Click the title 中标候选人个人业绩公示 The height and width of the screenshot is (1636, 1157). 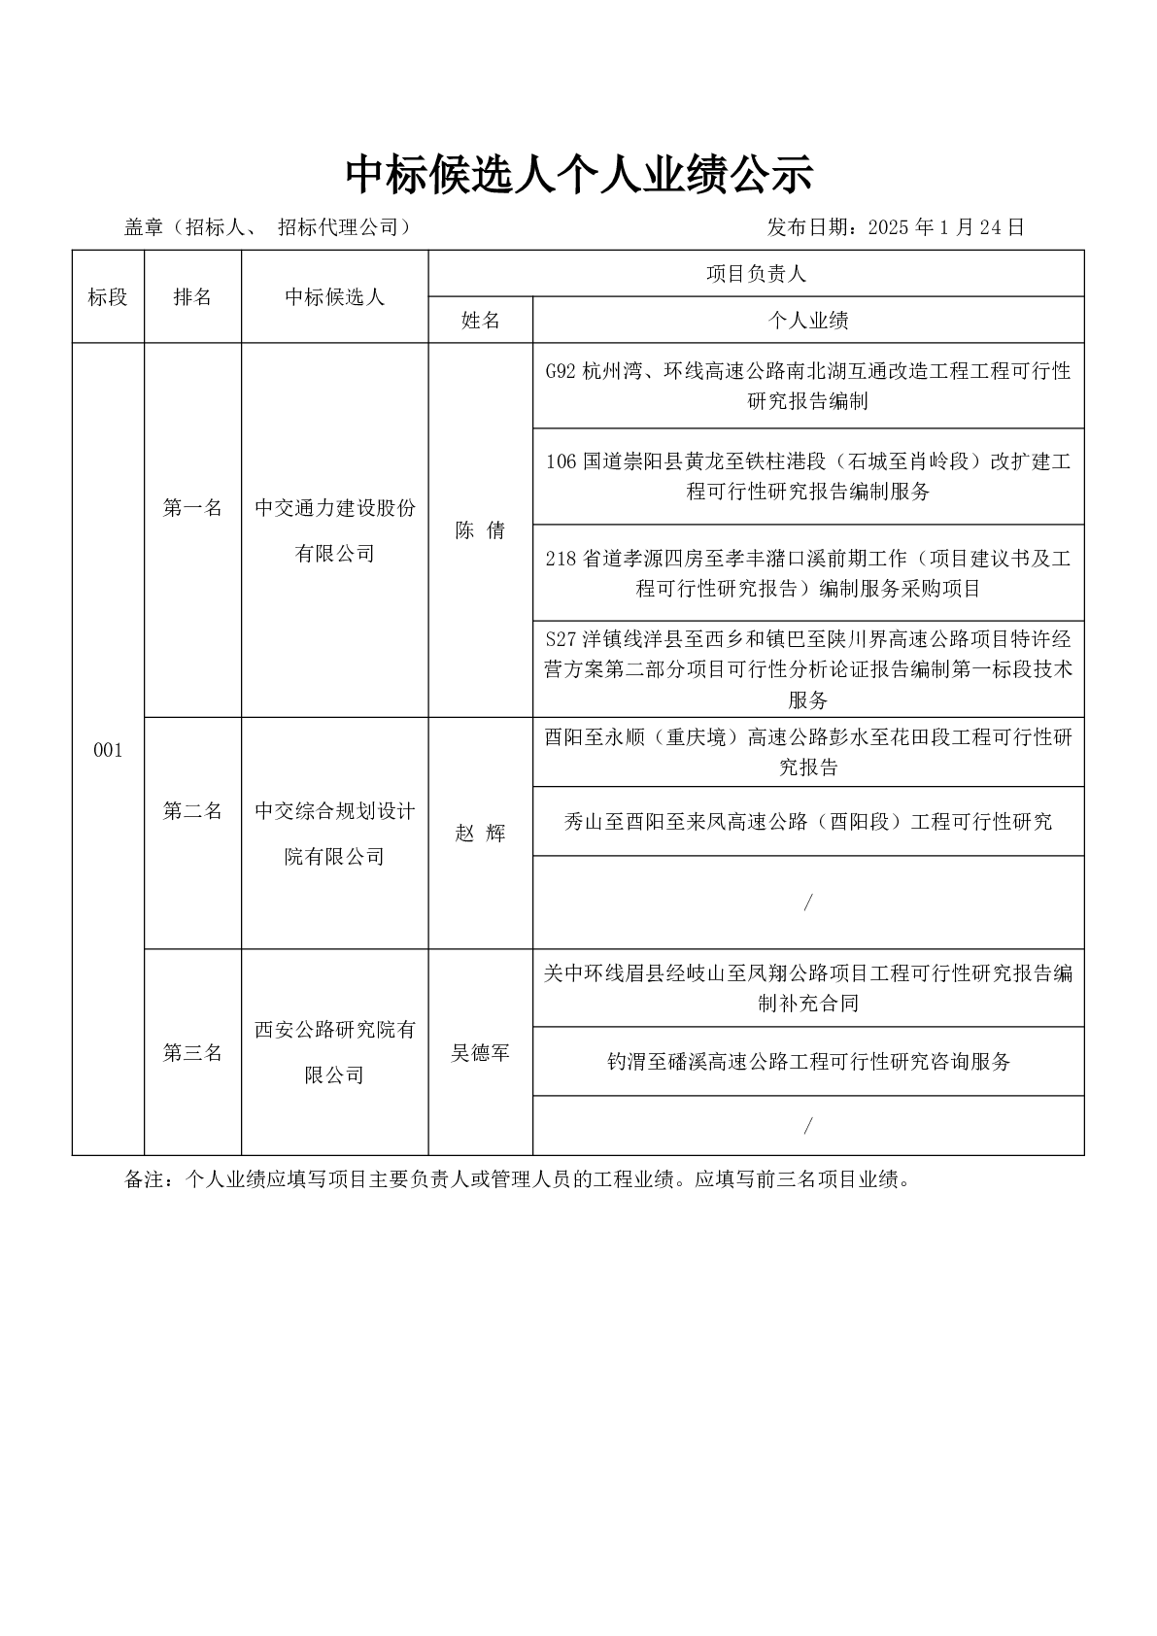[578, 176]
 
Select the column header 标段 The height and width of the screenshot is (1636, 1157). [108, 297]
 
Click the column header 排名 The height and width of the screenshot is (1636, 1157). [192, 297]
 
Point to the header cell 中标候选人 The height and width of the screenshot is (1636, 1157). [334, 297]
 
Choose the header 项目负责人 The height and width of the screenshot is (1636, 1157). [756, 274]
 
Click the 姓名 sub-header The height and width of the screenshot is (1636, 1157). [480, 321]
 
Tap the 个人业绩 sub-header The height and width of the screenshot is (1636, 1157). [808, 321]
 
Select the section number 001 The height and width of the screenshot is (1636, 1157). [108, 750]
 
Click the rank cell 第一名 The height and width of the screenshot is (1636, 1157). [192, 508]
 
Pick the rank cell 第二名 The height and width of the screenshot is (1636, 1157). [192, 810]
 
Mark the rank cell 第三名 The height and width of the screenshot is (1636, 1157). [192, 1053]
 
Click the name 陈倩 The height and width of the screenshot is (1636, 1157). [480, 530]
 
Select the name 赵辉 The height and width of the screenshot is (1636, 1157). [480, 834]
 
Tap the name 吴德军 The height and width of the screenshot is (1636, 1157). [480, 1053]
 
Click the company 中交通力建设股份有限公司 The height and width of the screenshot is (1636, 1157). [334, 530]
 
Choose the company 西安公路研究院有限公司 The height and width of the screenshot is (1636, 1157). [334, 1052]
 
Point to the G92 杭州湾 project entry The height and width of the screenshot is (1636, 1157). [808, 386]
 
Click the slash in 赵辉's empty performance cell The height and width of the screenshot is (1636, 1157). [808, 903]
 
